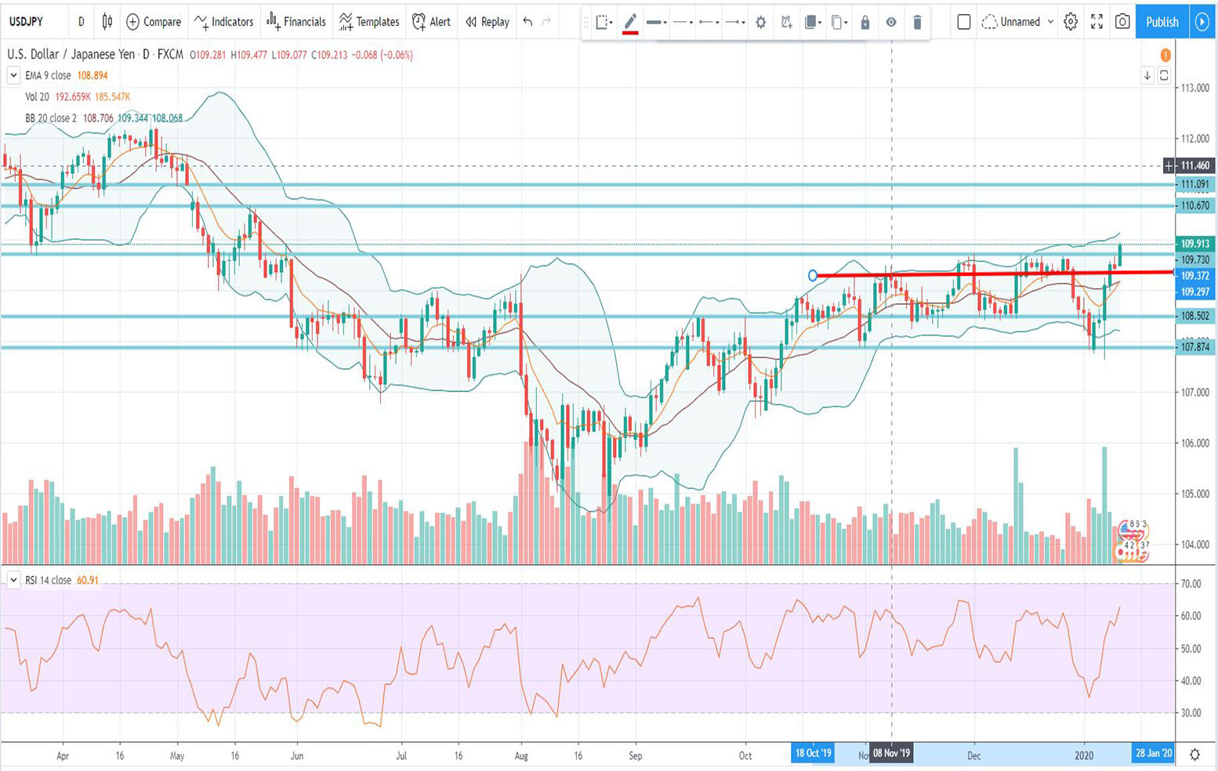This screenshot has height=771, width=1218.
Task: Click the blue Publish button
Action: pos(1162,22)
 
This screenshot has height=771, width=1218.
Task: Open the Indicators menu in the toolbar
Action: pos(224,22)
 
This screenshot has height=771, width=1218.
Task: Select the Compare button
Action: pos(154,22)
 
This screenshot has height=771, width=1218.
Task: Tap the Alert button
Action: pos(432,22)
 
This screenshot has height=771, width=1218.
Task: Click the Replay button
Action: pos(488,22)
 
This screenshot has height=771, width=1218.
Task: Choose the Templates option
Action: pos(369,22)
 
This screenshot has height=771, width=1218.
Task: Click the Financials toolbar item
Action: pos(296,22)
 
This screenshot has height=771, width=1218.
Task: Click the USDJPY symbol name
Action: pos(26,22)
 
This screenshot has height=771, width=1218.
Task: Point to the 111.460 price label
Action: pos(1195,165)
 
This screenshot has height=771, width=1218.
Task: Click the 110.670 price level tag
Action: pos(1195,205)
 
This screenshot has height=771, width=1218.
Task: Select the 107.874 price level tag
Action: pos(1195,346)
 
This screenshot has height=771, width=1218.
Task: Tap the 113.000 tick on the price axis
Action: pos(1195,88)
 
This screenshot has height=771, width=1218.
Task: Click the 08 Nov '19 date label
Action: pos(891,754)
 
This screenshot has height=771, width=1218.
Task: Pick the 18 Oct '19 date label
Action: pos(813,754)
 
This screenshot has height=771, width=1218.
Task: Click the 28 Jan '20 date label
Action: pos(1154,754)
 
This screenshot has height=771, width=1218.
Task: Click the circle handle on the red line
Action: pos(813,275)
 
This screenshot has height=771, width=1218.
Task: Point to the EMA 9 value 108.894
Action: pos(92,76)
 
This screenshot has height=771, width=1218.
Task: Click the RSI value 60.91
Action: pos(88,581)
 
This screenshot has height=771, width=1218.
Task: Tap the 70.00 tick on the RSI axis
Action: pos(1191,584)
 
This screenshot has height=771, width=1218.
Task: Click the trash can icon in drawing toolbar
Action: pos(917,23)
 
